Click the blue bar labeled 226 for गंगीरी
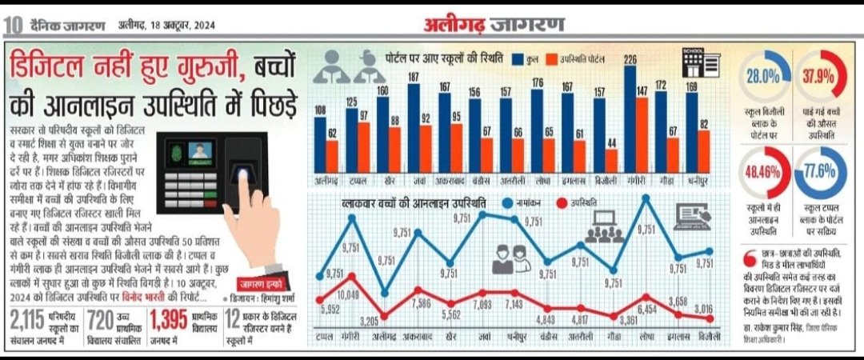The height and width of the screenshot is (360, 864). pyautogui.click(x=630, y=120)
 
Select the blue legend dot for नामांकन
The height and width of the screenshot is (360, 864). pyautogui.click(x=506, y=205)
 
